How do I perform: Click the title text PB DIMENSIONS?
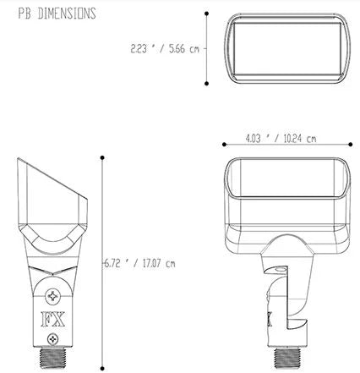57,14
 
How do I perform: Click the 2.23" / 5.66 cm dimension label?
165,49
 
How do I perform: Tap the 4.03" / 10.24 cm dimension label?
281,139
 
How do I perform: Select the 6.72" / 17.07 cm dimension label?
139,264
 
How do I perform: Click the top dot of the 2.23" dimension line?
207,14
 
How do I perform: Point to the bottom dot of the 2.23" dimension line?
207,84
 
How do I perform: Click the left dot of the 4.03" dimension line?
224,145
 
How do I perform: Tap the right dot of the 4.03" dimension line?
351,145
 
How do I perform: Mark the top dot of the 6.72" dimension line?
102,157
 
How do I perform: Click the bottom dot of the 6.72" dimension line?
102,368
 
